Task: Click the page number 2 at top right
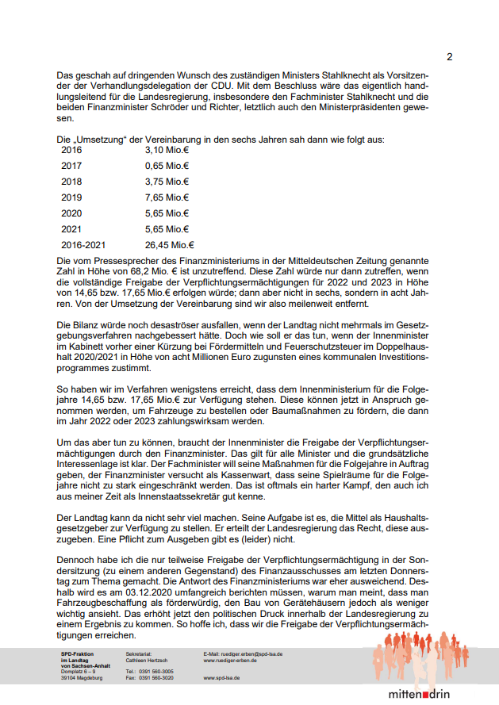(x=449, y=56)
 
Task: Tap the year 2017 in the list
(x=71, y=166)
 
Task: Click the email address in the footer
(x=243, y=653)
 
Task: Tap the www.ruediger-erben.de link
(x=231, y=660)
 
